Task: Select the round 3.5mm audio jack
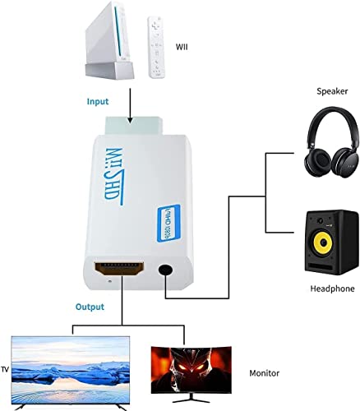click(168, 270)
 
